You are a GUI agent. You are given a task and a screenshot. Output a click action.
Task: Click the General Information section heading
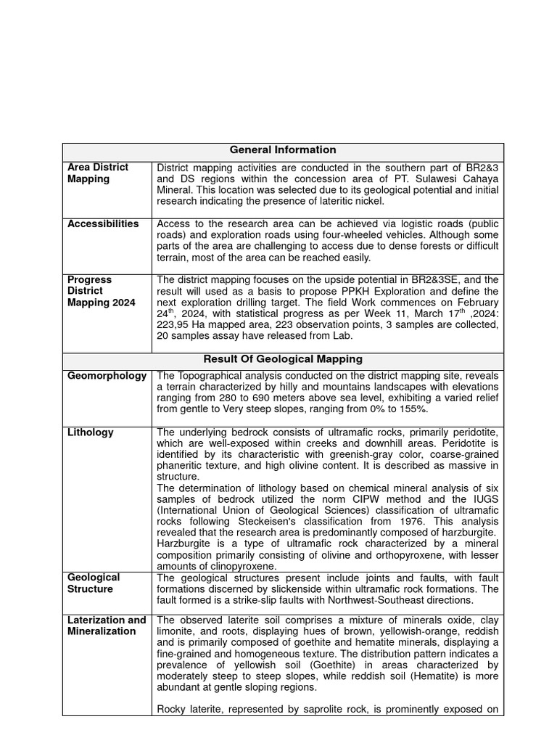(283, 150)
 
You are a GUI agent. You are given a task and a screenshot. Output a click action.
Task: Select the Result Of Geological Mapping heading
(283, 359)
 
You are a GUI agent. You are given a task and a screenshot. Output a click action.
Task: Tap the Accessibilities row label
(103, 224)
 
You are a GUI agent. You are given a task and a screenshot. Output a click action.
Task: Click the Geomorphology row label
(107, 376)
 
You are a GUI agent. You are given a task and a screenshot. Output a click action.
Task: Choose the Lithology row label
(91, 432)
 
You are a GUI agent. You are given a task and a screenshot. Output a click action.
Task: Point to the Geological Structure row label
(94, 583)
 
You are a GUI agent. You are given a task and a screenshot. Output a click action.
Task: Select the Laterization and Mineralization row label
(107, 625)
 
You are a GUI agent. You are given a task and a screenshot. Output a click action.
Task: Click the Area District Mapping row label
(98, 173)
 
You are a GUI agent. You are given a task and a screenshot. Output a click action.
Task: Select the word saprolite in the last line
(340, 710)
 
